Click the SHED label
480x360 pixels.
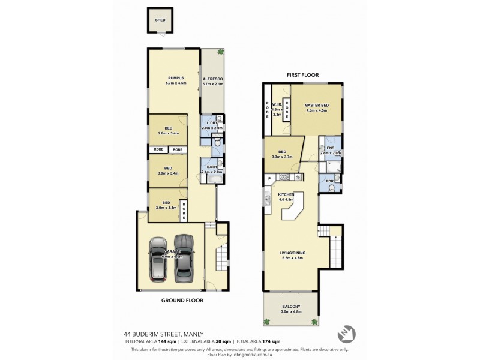(160, 20)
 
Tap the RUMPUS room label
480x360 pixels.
(175, 78)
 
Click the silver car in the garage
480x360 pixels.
(158, 259)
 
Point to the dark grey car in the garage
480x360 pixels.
(184, 257)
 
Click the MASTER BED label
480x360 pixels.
(316, 106)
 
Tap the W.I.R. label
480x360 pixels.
(277, 104)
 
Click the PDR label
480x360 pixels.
(329, 181)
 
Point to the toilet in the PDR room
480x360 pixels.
(334, 188)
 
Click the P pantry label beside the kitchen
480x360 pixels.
(270, 178)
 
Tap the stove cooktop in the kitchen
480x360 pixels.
(284, 178)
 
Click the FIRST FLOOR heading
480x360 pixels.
(302, 75)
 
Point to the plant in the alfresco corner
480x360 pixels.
(220, 52)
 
